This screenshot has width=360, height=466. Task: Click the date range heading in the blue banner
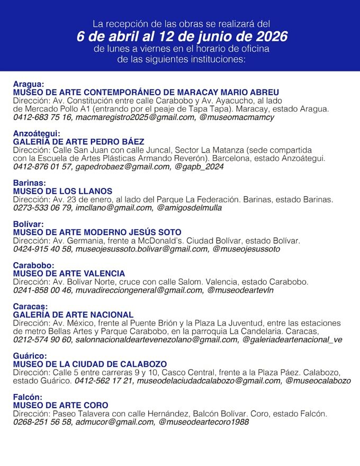click(182, 37)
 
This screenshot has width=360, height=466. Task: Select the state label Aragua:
click(29, 84)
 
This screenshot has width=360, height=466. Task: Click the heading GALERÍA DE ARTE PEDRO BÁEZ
click(78, 142)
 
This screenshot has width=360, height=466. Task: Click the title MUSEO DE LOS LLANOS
click(62, 191)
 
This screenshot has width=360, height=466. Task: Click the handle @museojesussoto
click(246, 249)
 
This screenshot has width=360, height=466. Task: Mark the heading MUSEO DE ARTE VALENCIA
click(69, 274)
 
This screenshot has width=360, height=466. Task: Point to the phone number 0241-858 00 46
click(42, 290)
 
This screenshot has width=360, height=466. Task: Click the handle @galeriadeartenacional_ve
click(292, 339)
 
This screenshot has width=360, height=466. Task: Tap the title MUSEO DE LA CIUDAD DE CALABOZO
click(90, 364)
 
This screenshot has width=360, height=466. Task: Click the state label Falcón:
click(28, 397)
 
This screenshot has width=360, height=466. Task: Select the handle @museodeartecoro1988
click(204, 422)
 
